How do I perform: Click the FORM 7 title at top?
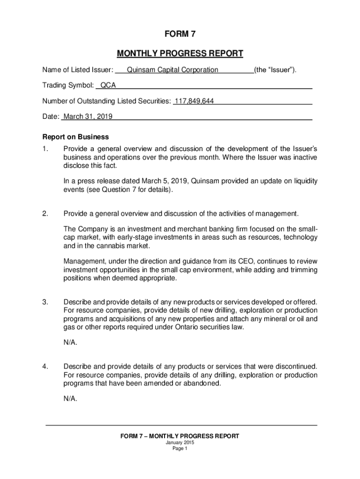180,34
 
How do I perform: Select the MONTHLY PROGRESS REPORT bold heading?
180,53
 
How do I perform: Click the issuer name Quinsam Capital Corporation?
169,70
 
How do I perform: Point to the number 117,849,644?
194,101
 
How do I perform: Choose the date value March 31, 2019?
88,116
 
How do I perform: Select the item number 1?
45,149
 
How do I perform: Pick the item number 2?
45,214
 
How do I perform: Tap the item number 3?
45,302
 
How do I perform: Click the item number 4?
45,366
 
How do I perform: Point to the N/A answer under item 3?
71,342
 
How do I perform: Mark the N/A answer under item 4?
71,399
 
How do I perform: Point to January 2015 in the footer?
180,443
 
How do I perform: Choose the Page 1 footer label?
180,449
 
